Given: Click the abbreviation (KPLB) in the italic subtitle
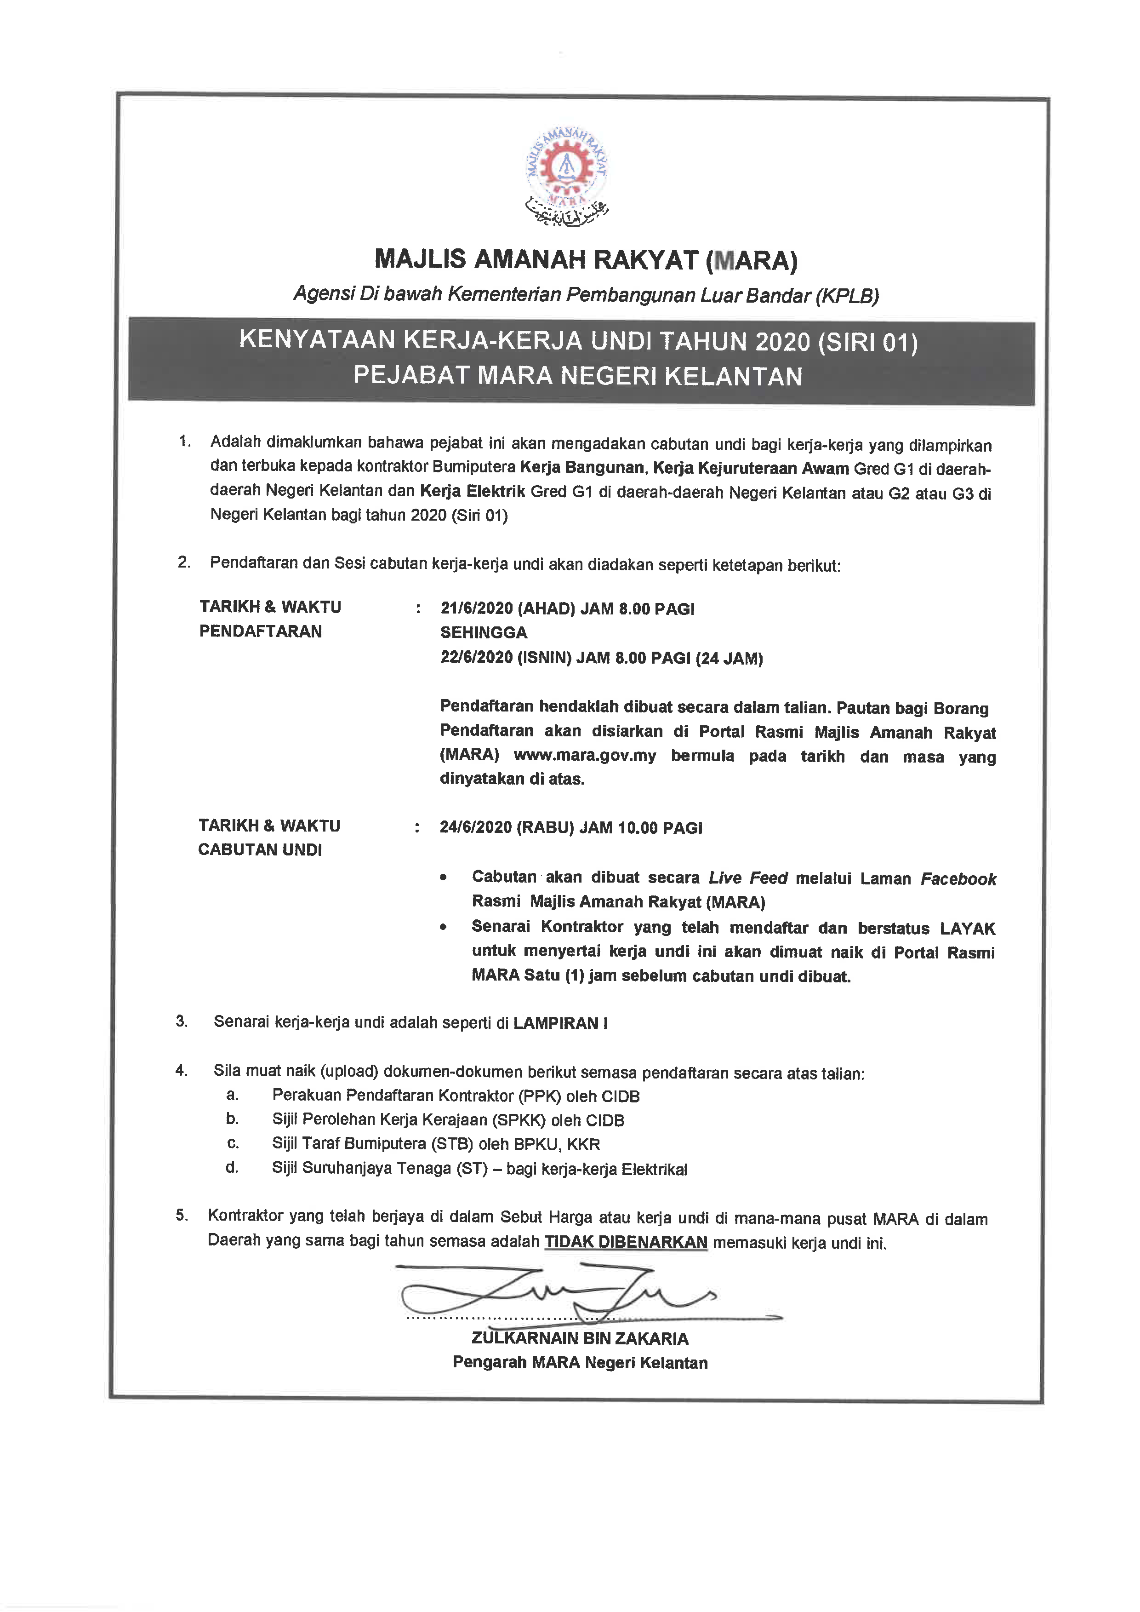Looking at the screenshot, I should (847, 296).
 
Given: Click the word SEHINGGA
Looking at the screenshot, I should (484, 632).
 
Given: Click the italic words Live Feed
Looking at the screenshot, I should (747, 878).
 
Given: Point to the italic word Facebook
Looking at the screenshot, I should (958, 879).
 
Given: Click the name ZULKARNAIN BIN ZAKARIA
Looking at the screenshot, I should (580, 1338).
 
